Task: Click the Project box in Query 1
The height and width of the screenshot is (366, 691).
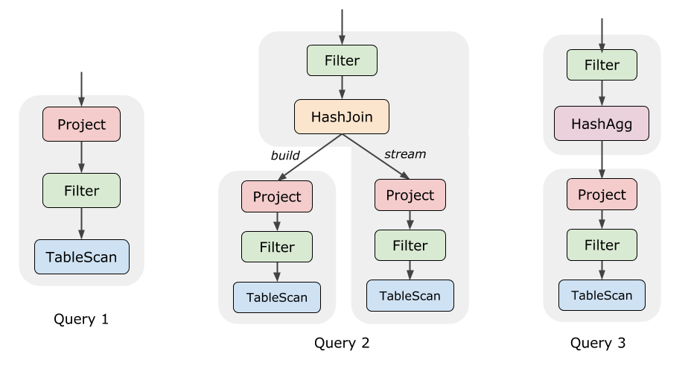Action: pyautogui.click(x=81, y=124)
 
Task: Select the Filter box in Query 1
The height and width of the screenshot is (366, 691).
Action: pyautogui.click(x=81, y=191)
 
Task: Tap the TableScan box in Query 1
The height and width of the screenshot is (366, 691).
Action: pyautogui.click(x=82, y=257)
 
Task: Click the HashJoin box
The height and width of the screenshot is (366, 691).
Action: pyautogui.click(x=342, y=117)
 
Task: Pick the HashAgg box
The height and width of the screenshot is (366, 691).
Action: pyautogui.click(x=602, y=124)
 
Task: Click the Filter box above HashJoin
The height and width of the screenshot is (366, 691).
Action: pyautogui.click(x=342, y=60)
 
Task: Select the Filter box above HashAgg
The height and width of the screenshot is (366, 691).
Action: pyautogui.click(x=602, y=65)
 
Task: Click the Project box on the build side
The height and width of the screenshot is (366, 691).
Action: pyautogui.click(x=277, y=197)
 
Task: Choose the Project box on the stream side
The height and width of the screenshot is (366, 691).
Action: pyautogui.click(x=410, y=195)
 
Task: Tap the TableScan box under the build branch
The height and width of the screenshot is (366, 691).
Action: pyautogui.click(x=277, y=297)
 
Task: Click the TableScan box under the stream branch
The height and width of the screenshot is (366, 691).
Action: pyautogui.click(x=410, y=296)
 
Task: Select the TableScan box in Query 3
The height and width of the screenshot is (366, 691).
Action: pyautogui.click(x=602, y=295)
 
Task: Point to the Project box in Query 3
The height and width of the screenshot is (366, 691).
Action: pyautogui.click(x=602, y=195)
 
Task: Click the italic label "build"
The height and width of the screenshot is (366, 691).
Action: pyautogui.click(x=285, y=155)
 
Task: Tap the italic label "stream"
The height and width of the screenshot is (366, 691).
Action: pyautogui.click(x=405, y=154)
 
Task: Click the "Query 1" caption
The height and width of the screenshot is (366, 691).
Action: pyautogui.click(x=81, y=319)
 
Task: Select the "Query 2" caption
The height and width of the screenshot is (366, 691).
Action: pyautogui.click(x=342, y=343)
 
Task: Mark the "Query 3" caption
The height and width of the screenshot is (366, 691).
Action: pyautogui.click(x=598, y=343)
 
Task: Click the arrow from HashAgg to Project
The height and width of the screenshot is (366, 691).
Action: pyautogui.click(x=602, y=160)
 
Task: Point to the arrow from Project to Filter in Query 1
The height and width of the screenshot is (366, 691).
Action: pyautogui.click(x=81, y=157)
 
